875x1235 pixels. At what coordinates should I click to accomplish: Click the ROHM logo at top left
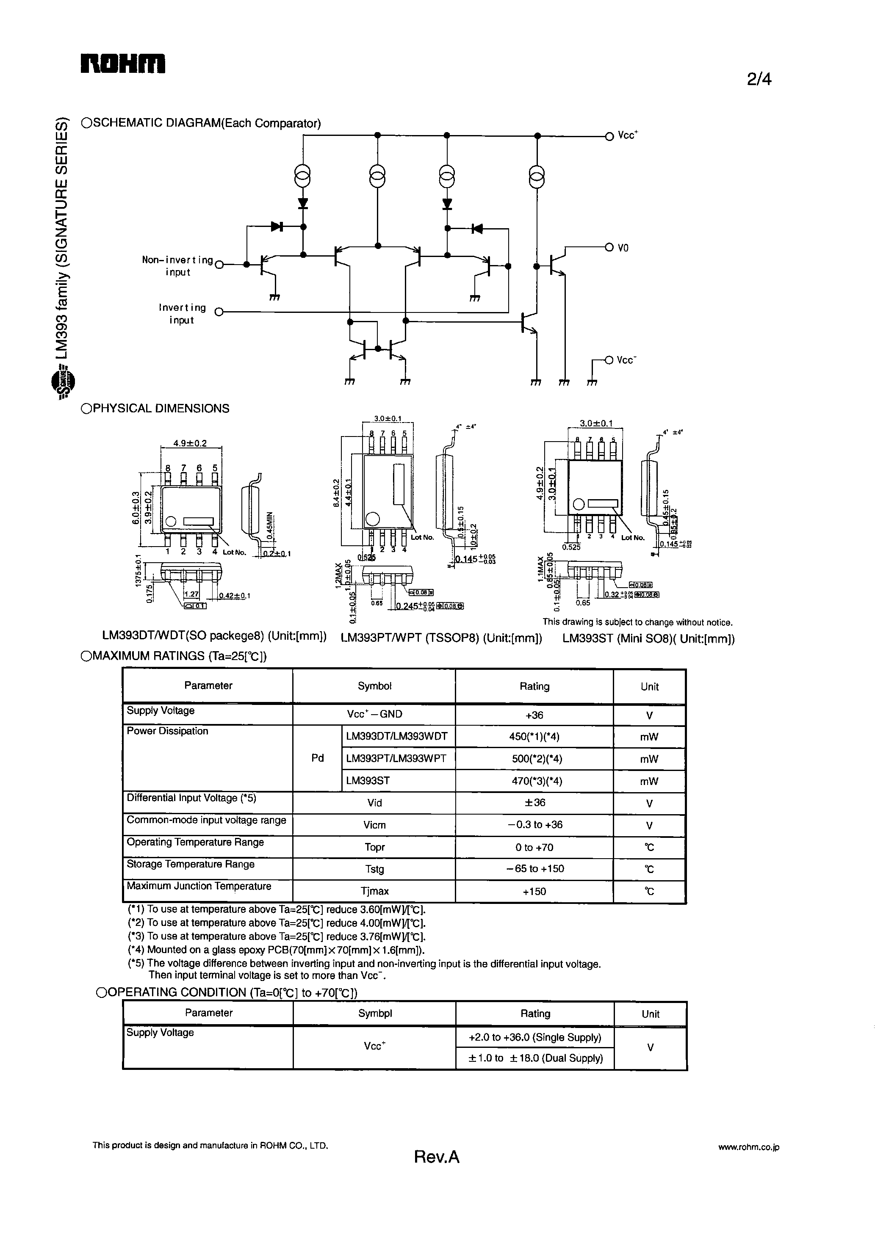(x=123, y=64)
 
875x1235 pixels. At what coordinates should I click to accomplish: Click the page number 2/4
(x=759, y=80)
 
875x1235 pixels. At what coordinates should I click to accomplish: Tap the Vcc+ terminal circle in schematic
(x=609, y=136)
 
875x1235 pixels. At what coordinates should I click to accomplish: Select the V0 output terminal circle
(x=609, y=247)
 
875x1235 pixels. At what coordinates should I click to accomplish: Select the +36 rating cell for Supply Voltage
(x=534, y=715)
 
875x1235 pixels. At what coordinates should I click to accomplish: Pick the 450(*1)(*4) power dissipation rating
(x=534, y=737)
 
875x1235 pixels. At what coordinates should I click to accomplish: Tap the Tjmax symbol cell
(x=374, y=891)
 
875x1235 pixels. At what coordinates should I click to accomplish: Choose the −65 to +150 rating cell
(x=534, y=869)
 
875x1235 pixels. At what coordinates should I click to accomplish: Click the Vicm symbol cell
(x=374, y=825)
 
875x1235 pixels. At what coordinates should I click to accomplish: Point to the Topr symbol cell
(x=374, y=847)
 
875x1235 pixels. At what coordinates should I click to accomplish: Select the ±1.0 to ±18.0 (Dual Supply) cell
(x=535, y=1058)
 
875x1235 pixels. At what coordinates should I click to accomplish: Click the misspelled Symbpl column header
(x=375, y=1013)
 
